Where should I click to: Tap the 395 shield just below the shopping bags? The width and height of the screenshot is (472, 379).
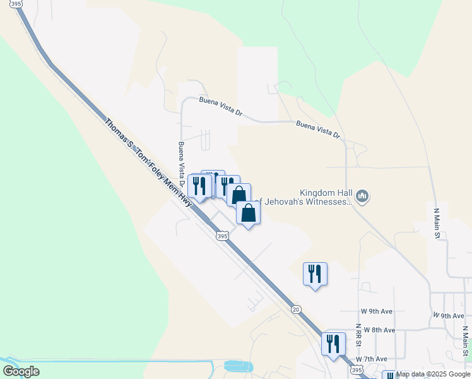(x=221, y=236)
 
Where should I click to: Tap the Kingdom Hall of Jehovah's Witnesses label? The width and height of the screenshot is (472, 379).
(x=325, y=197)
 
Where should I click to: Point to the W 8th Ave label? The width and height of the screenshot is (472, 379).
(x=378, y=330)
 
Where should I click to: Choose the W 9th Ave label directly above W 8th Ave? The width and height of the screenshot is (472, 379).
(x=377, y=312)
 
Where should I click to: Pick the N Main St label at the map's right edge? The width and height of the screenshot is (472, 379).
(x=465, y=341)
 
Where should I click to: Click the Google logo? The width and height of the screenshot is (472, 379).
(x=21, y=371)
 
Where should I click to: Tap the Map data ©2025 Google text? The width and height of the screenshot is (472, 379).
(x=432, y=374)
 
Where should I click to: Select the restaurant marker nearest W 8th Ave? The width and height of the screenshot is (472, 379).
(x=334, y=344)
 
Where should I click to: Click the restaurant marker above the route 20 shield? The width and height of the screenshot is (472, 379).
(x=315, y=274)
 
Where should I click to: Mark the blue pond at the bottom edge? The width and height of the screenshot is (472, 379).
(x=237, y=366)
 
